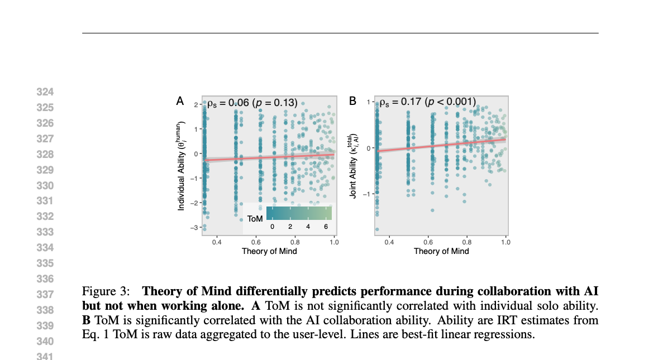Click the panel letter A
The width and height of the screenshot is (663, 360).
pos(180,101)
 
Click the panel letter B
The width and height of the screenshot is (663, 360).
pos(352,101)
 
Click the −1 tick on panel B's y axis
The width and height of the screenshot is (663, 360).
pos(368,194)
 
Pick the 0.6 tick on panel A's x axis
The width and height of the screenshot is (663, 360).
pos(255,242)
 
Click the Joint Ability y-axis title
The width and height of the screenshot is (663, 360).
pos(353,166)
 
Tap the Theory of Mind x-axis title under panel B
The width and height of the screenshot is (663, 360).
pos(441,251)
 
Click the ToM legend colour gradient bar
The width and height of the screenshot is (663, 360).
pos(299,213)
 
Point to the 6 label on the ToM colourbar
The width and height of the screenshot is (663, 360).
pos(326,227)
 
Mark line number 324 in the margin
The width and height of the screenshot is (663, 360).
pos(44,92)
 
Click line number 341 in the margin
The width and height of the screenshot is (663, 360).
pos(44,356)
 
